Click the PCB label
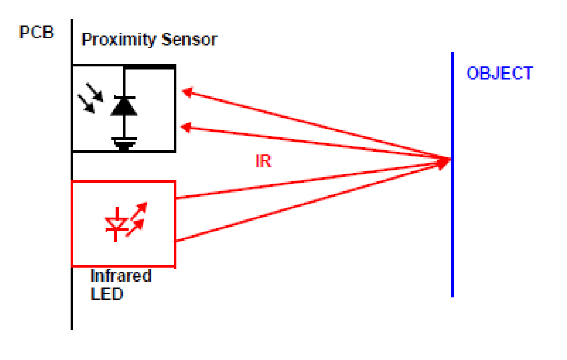(x=36, y=33)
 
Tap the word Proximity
(x=114, y=40)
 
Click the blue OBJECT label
(x=500, y=73)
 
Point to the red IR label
(x=263, y=161)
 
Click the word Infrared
(x=121, y=275)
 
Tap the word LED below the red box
(x=107, y=294)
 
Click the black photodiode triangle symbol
(x=124, y=107)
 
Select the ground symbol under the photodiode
(x=124, y=144)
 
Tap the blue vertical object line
(x=452, y=226)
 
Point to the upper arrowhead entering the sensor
(x=187, y=92)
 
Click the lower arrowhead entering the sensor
(x=186, y=128)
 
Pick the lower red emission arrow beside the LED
(x=137, y=226)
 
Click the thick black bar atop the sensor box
(x=149, y=67)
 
